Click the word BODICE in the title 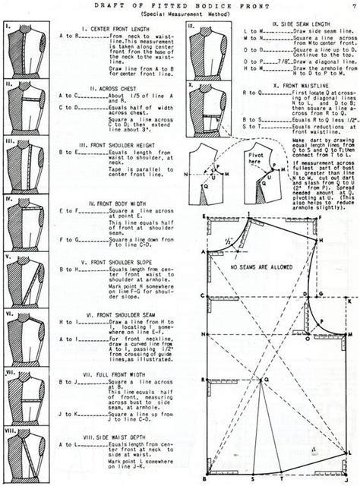[x=201, y=5]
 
